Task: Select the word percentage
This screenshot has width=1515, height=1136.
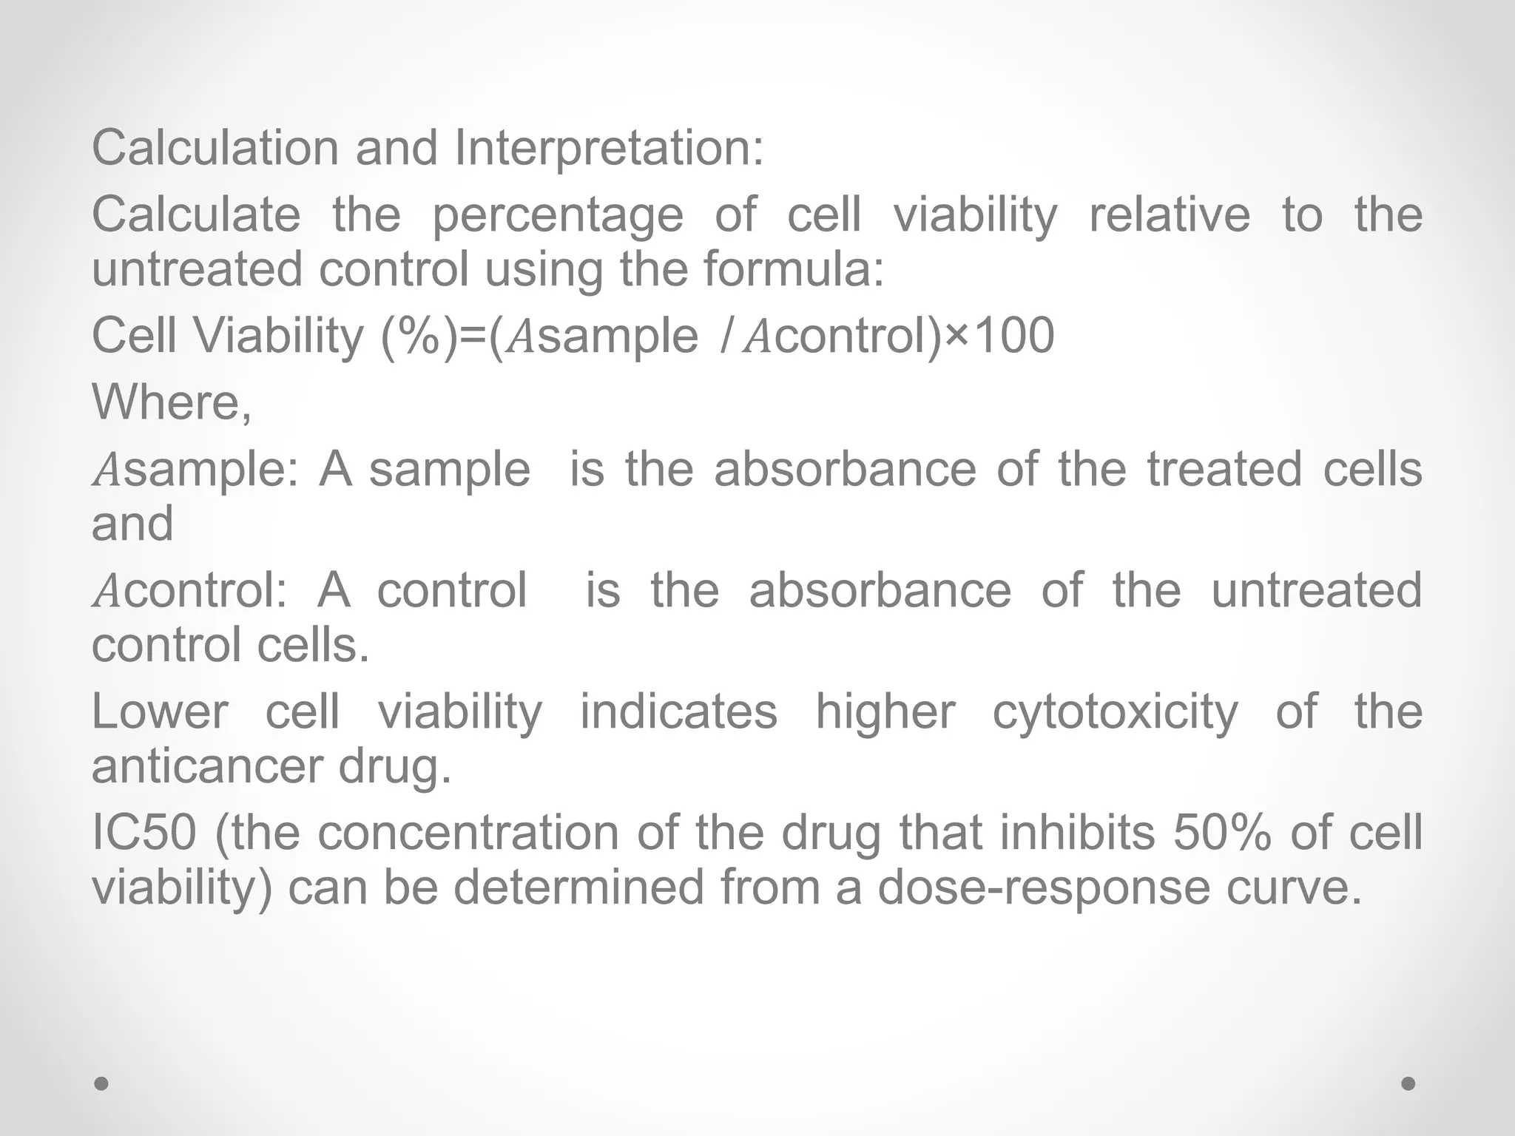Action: (558, 216)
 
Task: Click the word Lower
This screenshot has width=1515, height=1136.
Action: (160, 711)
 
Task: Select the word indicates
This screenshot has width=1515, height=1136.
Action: (678, 711)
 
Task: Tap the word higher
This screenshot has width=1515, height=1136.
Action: (885, 713)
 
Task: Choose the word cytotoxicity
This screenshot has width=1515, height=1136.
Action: (1115, 713)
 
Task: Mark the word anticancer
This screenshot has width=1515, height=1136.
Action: (208, 766)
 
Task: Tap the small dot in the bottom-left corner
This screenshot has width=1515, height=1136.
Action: (102, 1083)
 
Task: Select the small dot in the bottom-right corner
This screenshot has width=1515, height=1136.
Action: (1408, 1083)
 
